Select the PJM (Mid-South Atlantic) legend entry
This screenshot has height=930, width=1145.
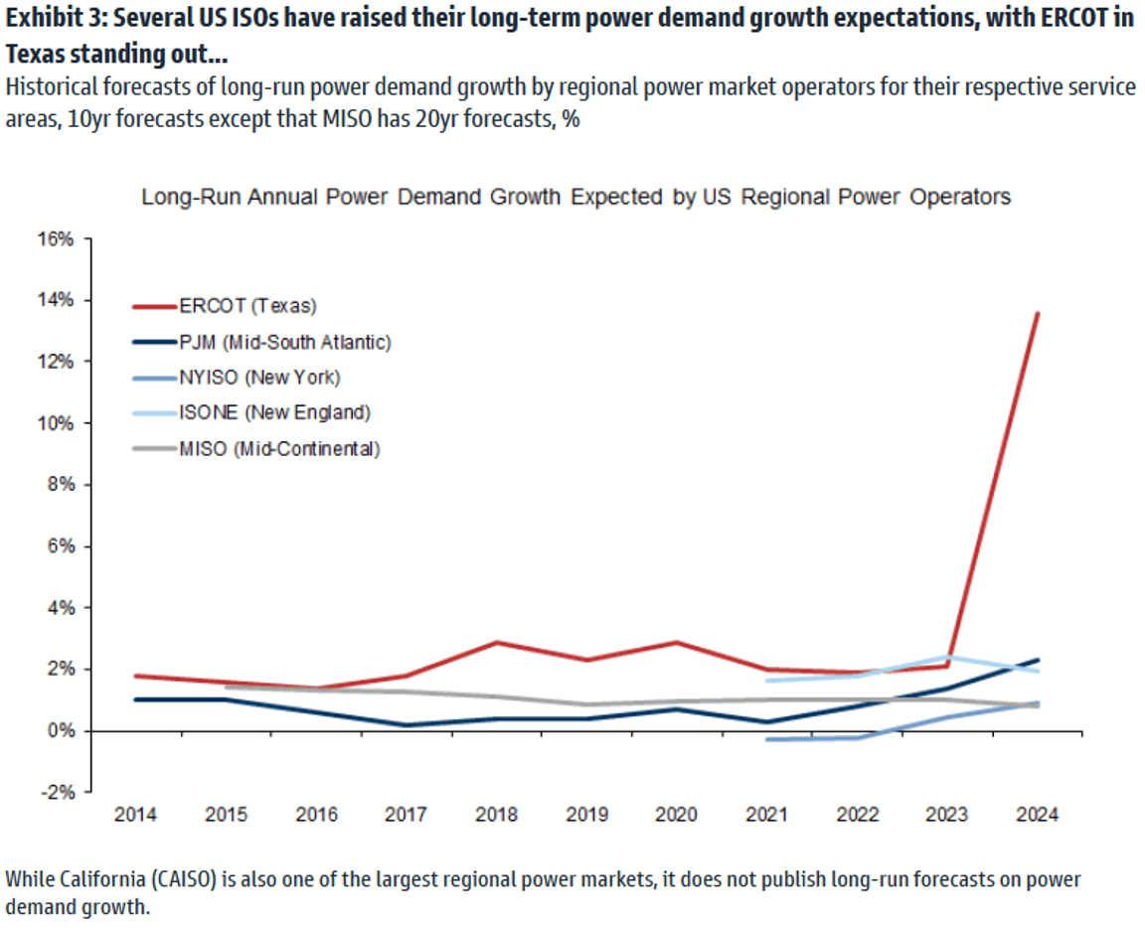click(284, 342)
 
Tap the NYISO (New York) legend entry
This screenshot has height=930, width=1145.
click(258, 377)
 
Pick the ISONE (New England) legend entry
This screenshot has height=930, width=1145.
click(273, 412)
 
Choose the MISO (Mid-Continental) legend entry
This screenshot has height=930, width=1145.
click(279, 448)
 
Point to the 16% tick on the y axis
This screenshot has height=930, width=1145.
click(55, 239)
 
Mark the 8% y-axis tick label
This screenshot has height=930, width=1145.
click(58, 485)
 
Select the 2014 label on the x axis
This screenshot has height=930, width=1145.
click(134, 815)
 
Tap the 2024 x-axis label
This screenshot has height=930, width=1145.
click(1038, 815)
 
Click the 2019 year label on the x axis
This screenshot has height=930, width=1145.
click(586, 815)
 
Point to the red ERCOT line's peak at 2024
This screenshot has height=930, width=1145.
click(1038, 313)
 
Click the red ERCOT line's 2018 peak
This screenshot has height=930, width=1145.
click(496, 642)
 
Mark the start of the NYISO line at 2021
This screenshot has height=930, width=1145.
click(766, 739)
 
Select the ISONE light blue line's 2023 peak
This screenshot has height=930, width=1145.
click(947, 657)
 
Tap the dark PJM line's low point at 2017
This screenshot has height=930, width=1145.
click(406, 725)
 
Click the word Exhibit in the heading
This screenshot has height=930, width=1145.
click(41, 19)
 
